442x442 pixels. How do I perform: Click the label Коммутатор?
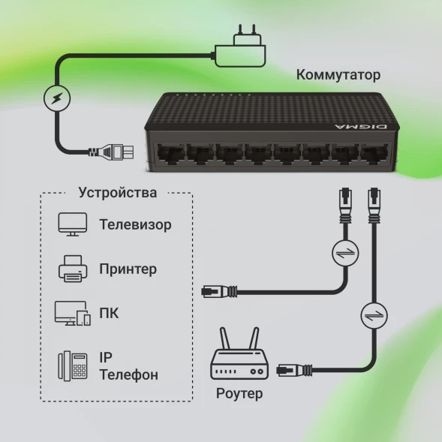point(338,75)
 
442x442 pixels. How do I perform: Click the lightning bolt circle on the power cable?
point(56,98)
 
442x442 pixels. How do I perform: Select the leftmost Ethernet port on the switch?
point(170,154)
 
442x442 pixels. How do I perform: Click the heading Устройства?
point(118,193)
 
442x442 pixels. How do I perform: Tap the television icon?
point(72,224)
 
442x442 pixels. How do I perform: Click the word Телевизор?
point(135,225)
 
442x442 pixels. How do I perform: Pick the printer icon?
point(72,269)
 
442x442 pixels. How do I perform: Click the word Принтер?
point(128,269)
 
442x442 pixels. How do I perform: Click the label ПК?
point(109,313)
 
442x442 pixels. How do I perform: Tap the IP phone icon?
point(72,365)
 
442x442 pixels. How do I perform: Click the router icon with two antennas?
point(239,358)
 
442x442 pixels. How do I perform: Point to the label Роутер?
point(239,394)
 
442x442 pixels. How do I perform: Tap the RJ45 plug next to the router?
point(293,369)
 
